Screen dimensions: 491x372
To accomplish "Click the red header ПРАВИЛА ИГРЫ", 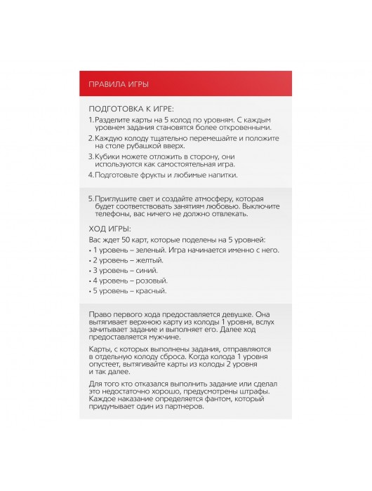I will click(x=118, y=84).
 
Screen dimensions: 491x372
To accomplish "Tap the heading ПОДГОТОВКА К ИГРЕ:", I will click(x=131, y=109).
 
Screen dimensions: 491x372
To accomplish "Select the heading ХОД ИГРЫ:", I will click(x=109, y=229).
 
